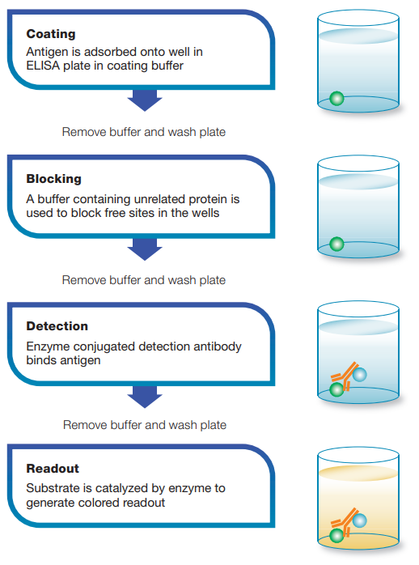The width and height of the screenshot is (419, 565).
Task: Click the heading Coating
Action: coord(51,34)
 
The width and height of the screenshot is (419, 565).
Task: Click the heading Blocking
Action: coord(53,179)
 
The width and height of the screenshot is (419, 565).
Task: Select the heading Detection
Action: coord(57,326)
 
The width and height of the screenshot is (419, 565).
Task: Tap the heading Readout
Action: coord(53,469)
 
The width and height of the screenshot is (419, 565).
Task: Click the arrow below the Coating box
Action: coord(145,100)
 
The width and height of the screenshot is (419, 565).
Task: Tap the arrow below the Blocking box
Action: coord(145,249)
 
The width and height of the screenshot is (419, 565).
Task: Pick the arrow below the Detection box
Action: coord(145,397)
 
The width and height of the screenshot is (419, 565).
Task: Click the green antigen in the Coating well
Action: coord(337,99)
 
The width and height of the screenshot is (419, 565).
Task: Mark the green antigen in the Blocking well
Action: coord(337,244)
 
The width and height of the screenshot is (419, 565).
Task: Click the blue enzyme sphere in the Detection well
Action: coord(359,375)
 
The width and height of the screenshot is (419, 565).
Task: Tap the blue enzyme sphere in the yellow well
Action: coord(359,520)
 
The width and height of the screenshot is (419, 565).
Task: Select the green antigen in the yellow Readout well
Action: coord(337,536)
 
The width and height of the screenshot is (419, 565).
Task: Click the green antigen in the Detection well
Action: coord(337,389)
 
